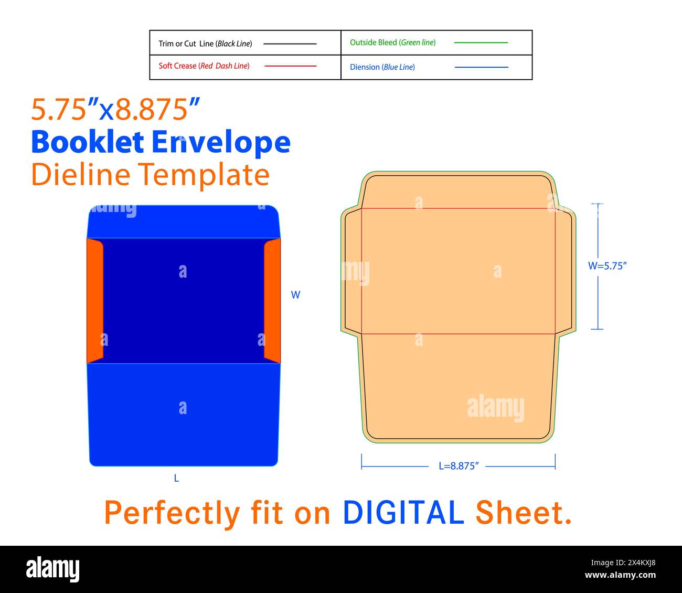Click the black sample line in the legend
click(290, 44)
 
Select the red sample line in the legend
click(290, 66)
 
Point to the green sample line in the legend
click(481, 43)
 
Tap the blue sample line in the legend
click(481, 67)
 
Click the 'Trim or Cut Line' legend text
click(205, 44)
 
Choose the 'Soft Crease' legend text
click(204, 66)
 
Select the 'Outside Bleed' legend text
click(392, 43)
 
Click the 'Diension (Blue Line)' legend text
click(382, 67)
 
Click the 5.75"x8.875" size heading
click(116, 110)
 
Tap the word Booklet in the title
click(87, 142)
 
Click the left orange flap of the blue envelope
click(95, 300)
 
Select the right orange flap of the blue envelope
click(272, 300)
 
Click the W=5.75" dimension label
click(608, 266)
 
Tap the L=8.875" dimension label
click(459, 466)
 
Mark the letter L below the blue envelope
click(176, 479)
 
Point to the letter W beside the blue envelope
click(295, 295)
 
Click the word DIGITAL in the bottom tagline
click(403, 513)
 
